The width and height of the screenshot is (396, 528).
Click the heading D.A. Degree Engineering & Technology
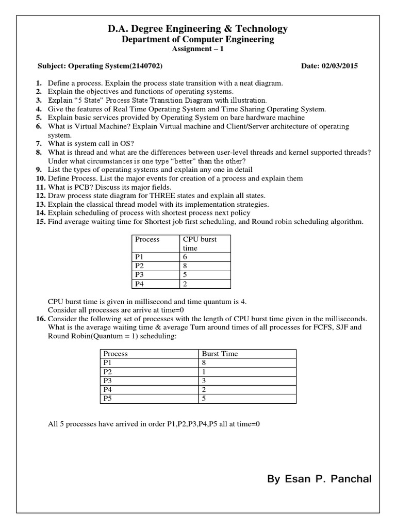pos(198,29)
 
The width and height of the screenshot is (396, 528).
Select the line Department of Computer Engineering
pos(198,40)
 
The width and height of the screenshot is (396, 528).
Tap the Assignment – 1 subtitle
pos(198,49)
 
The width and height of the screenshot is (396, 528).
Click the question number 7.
pos(39,143)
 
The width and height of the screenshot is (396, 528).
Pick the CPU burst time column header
pos(200,243)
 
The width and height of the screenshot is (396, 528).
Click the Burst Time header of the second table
pos(220,354)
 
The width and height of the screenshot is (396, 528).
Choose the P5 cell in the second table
pos(107,399)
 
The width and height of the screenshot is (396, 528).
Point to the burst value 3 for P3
pos(204,381)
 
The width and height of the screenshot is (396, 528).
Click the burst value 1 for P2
pos(204,372)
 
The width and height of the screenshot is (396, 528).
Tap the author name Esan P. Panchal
pos(319,479)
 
